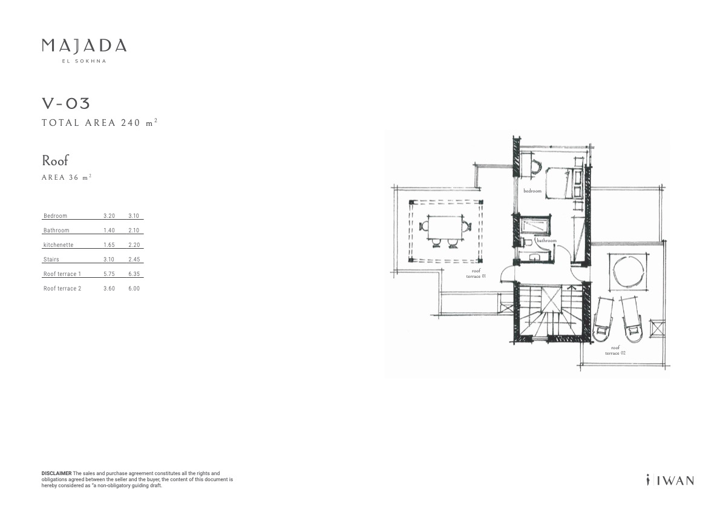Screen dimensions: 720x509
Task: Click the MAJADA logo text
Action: (x=84, y=45)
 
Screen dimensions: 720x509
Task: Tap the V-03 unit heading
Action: (x=66, y=103)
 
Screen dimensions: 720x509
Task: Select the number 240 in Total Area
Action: (x=131, y=123)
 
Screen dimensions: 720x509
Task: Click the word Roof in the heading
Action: (x=55, y=160)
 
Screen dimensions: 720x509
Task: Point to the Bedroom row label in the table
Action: (x=55, y=216)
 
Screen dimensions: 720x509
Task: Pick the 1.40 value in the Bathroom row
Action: (x=109, y=231)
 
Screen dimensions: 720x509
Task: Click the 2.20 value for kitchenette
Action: (x=134, y=245)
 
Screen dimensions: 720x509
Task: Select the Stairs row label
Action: (x=51, y=260)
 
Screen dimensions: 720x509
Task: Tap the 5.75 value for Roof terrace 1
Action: (x=109, y=274)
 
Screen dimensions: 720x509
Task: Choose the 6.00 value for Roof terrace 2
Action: (x=134, y=289)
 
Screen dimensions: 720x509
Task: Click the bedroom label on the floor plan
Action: (x=532, y=191)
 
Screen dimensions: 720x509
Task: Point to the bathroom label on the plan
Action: (x=546, y=240)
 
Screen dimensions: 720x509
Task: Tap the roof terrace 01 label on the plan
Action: (x=476, y=274)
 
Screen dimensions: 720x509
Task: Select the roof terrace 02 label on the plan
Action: (x=615, y=350)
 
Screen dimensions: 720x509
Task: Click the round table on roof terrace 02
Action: (x=627, y=272)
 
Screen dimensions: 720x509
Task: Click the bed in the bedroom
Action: (x=562, y=183)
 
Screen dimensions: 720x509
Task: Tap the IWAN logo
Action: (x=670, y=480)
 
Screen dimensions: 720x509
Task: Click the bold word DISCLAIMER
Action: (x=56, y=473)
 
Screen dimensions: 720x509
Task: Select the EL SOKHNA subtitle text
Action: (x=84, y=61)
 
